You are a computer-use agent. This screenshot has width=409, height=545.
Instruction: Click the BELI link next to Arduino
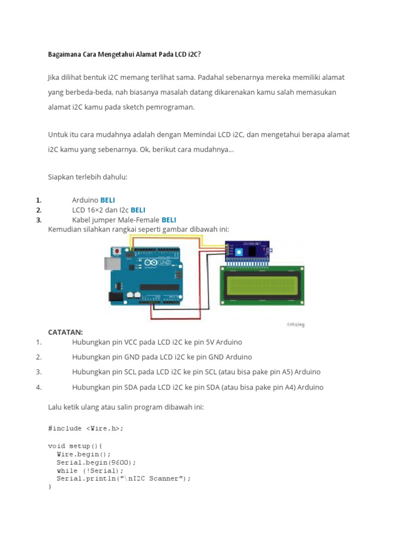[108, 200]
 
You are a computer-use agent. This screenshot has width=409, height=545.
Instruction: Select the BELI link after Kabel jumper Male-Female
[169, 220]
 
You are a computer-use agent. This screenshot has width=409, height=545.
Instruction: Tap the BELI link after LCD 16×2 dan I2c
[138, 210]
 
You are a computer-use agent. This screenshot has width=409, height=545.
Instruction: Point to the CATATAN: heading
[66, 332]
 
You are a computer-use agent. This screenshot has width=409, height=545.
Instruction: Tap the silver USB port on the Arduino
[110, 263]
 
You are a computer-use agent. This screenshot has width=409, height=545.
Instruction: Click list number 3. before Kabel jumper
[38, 220]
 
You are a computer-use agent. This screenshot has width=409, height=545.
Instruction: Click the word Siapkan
[61, 176]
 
